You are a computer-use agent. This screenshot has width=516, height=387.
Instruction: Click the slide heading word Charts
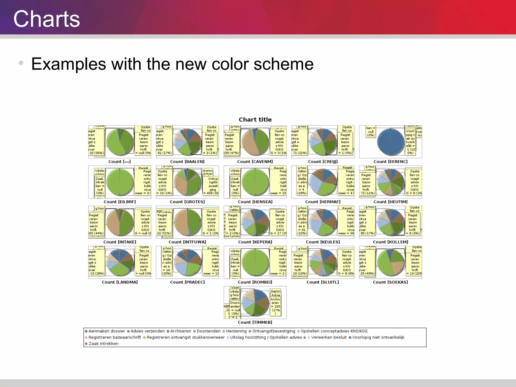tap(47, 19)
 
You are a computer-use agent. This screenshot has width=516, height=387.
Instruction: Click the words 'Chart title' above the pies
tap(255, 119)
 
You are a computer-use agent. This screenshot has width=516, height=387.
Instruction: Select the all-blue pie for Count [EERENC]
tap(390, 142)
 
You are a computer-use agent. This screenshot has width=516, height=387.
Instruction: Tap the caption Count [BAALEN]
tap(187, 162)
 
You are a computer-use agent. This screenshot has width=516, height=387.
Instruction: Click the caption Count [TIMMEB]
tap(255, 322)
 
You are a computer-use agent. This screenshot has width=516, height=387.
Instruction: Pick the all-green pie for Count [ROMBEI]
tap(255, 263)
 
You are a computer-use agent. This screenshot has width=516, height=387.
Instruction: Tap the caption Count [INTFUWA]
tap(187, 242)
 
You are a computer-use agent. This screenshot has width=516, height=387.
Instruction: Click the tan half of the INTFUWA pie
tap(181, 222)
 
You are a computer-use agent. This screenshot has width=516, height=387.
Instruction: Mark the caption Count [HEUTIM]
tap(390, 202)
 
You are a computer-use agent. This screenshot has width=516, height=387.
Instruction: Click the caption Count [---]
tap(119, 162)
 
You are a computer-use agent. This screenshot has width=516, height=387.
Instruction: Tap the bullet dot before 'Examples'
tap(21, 63)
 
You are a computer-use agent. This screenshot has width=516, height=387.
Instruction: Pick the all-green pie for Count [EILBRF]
tap(119, 182)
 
